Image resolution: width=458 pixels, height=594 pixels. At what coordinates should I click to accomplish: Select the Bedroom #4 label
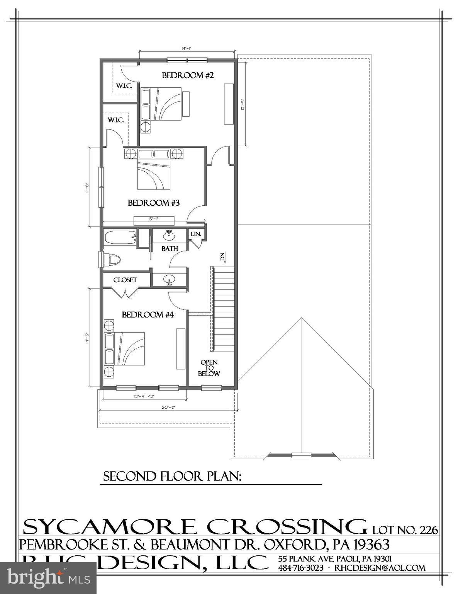(x=148, y=315)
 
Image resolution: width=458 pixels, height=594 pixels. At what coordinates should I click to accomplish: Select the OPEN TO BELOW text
(x=209, y=368)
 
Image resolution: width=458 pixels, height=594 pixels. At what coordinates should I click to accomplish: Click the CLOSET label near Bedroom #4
(x=125, y=280)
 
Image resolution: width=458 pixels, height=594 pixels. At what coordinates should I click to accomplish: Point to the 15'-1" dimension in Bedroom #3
(x=153, y=219)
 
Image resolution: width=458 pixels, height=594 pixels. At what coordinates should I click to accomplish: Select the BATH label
(x=170, y=249)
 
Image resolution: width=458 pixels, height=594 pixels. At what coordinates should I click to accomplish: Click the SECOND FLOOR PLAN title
(x=172, y=476)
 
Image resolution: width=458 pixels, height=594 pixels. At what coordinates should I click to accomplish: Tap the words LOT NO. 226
(x=405, y=529)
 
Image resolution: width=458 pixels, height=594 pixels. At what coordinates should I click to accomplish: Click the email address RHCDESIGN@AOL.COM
(x=380, y=568)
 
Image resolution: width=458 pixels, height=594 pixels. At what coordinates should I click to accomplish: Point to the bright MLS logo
(x=48, y=578)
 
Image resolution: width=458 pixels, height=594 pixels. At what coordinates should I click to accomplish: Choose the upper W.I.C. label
(x=124, y=86)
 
